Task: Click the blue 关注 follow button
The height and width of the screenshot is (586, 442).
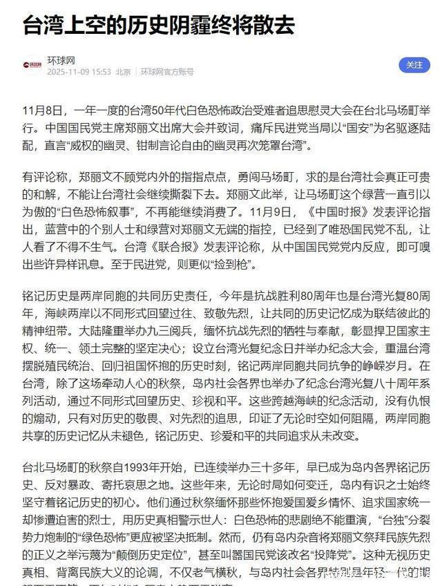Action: click(414, 65)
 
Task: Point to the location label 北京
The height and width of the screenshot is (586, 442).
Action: click(123, 72)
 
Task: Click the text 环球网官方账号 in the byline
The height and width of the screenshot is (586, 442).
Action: click(167, 72)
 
